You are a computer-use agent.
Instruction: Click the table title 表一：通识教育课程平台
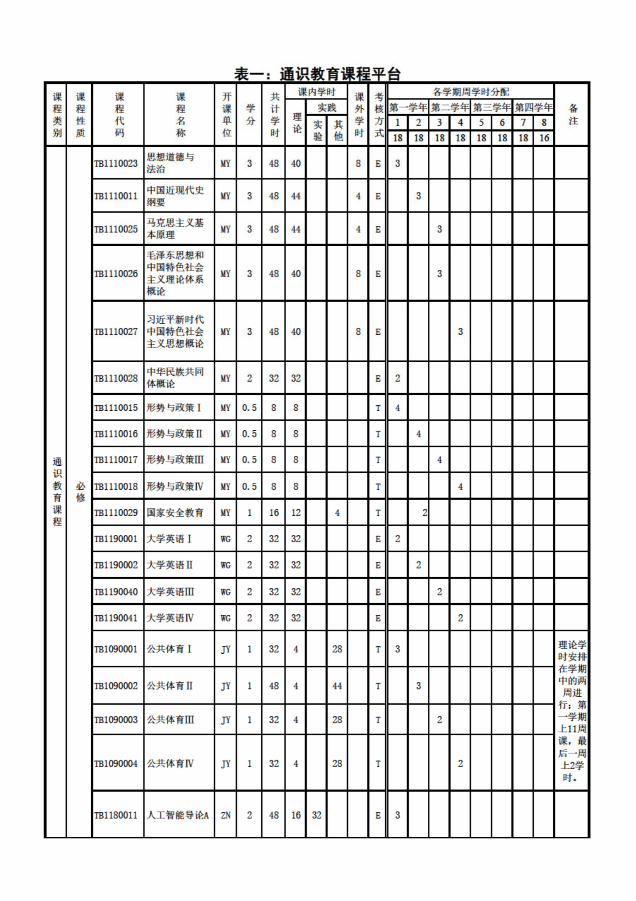pos(317,74)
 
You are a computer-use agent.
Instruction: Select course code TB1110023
pos(116,163)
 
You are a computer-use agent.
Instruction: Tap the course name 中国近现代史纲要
pos(175,196)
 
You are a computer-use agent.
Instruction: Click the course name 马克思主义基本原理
pos(175,229)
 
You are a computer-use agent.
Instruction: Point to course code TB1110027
pos(116,332)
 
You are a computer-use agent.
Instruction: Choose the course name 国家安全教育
pos(175,512)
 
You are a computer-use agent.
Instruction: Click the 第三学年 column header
pos(492,107)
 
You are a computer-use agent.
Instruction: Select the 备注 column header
pos(573,114)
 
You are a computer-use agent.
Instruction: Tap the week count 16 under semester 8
pos(544,138)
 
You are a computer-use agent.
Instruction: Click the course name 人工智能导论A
pos(177,815)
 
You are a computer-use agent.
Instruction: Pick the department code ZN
pos(226,815)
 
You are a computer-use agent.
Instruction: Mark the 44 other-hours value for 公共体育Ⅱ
pos(337,686)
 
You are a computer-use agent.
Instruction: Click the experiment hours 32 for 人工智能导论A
pos(316,815)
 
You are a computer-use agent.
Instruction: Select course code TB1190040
pos(116,592)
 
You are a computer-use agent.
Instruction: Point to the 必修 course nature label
pos(80,492)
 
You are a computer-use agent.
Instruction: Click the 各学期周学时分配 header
pos(470,92)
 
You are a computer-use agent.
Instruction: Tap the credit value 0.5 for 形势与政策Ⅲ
pos(249,460)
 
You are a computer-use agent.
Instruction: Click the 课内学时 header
pos(316,92)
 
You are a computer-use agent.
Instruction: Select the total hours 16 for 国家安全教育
pos(274,512)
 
